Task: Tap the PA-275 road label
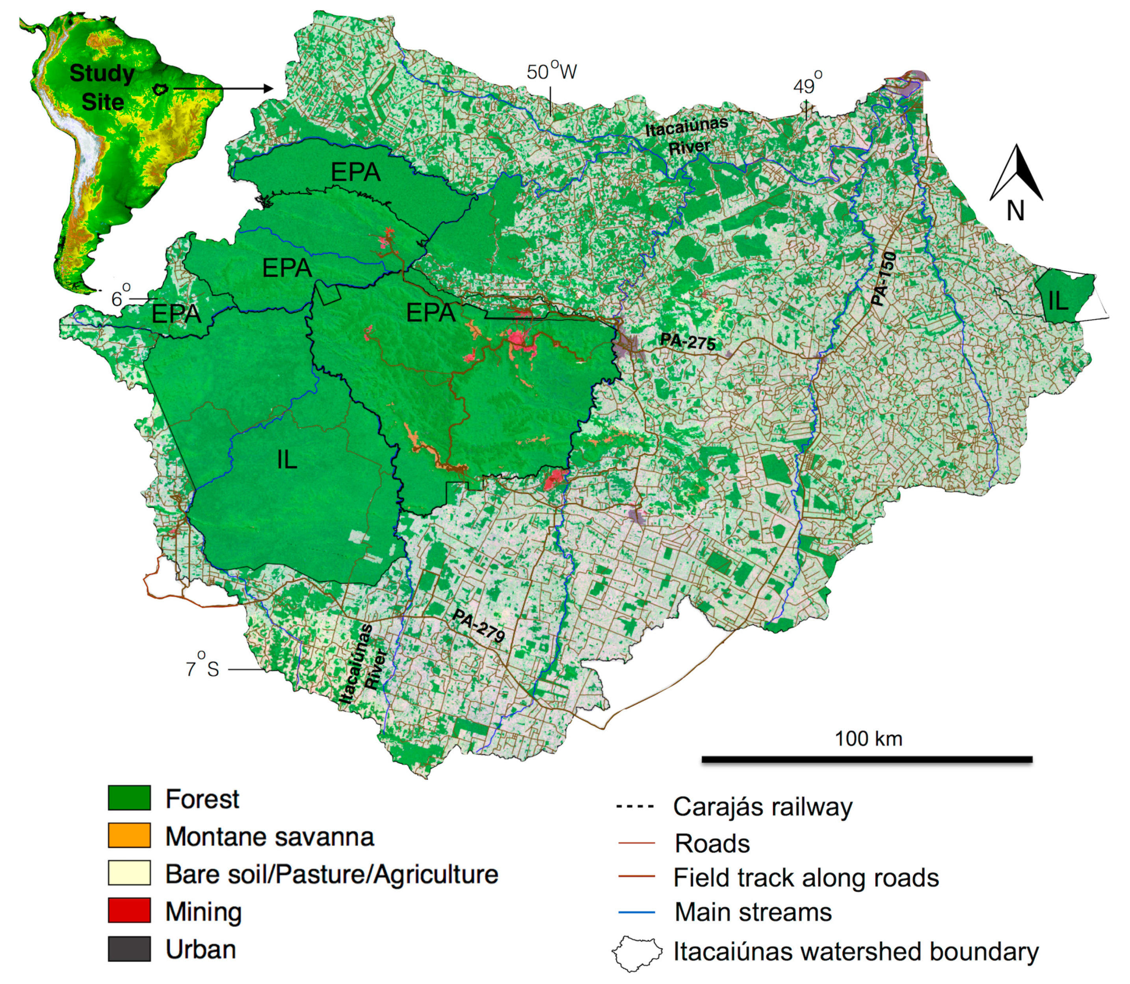(688, 342)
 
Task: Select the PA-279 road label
(478, 626)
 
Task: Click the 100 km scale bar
(866, 759)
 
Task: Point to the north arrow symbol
(1017, 174)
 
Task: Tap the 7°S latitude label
(203, 669)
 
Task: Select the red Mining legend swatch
(129, 911)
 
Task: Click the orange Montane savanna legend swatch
(129, 836)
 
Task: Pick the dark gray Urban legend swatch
(129, 949)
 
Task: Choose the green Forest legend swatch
(129, 798)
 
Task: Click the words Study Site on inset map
(102, 88)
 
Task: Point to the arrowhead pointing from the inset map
(268, 88)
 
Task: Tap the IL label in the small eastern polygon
(1058, 301)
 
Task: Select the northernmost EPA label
(356, 173)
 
